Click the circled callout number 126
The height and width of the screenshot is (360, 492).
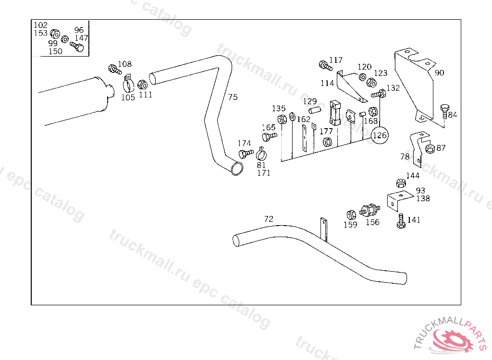(x=380, y=135)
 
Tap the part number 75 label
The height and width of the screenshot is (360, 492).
(x=233, y=97)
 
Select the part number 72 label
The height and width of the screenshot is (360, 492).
(x=269, y=218)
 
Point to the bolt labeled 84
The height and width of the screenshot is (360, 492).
(x=444, y=111)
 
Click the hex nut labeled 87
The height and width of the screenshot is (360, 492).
(x=430, y=148)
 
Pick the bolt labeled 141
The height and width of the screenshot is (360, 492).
(x=401, y=221)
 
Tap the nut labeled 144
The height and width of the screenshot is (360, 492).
(x=401, y=183)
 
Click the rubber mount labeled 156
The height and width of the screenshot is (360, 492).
(x=370, y=210)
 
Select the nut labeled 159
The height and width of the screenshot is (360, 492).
(x=351, y=215)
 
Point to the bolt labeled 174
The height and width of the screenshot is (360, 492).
(x=246, y=154)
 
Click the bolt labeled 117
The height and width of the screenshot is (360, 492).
(x=325, y=66)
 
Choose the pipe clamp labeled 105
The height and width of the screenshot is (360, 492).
(x=128, y=84)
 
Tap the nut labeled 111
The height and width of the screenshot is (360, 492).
(x=143, y=84)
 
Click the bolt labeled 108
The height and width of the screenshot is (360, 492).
(x=115, y=69)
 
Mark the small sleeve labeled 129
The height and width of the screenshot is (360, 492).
(x=315, y=110)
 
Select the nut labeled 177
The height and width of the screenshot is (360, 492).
(x=327, y=142)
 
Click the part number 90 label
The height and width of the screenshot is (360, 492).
(x=439, y=73)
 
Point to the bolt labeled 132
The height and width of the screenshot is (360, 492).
(x=379, y=94)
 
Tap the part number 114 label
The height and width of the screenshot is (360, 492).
(x=327, y=83)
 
